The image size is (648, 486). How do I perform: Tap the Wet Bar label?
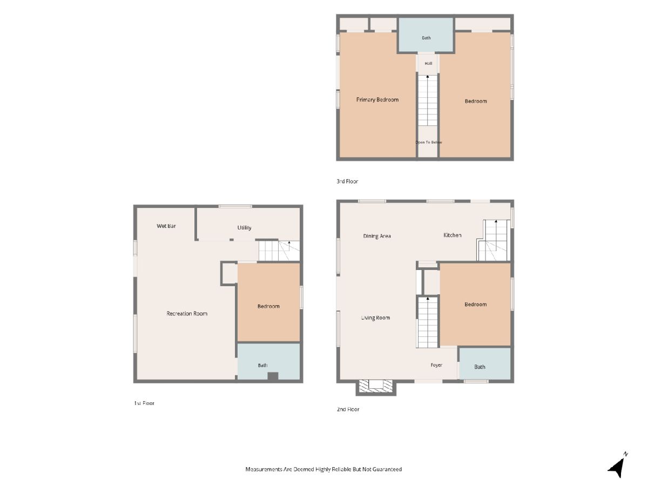[166, 226]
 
